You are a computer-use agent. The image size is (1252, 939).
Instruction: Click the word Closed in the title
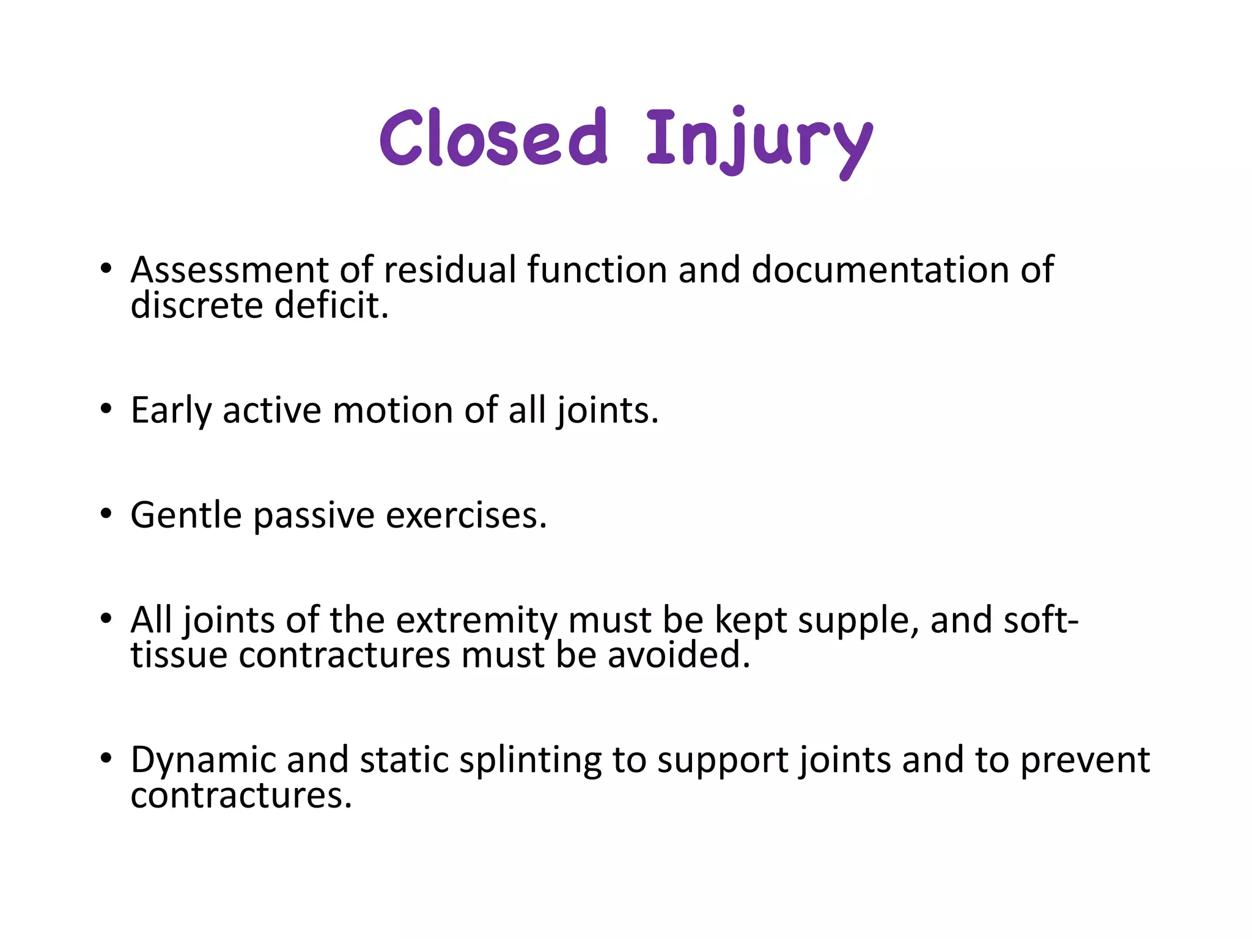(x=493, y=138)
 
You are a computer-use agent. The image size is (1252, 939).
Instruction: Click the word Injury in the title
(x=759, y=141)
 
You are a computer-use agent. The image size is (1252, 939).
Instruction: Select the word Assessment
(x=230, y=270)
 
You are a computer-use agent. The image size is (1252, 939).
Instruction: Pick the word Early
(x=171, y=410)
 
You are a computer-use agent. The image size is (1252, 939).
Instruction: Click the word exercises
(x=466, y=515)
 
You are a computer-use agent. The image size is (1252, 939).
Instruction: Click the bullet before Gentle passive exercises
(x=106, y=514)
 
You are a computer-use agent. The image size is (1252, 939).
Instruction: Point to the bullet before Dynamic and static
(x=106, y=759)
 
